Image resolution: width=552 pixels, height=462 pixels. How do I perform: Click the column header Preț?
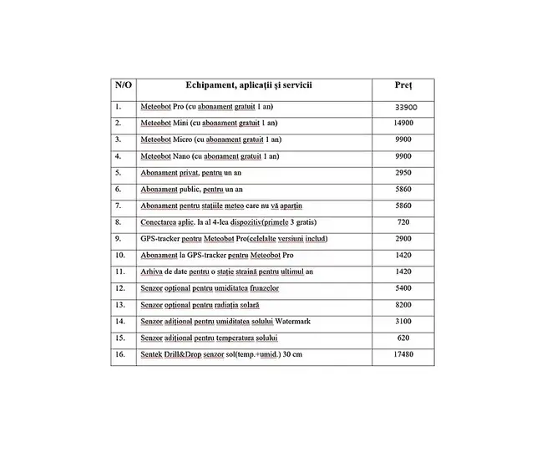point(403,86)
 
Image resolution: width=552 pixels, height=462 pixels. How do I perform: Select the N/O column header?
point(123,86)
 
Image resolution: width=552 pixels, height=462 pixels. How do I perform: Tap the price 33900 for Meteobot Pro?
point(403,107)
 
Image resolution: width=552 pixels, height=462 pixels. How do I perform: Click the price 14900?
point(403,123)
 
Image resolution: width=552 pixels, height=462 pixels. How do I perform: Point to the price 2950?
point(403,172)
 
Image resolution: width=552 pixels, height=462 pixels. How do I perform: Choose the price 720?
point(403,222)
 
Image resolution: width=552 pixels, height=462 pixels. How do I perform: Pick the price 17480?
point(403,354)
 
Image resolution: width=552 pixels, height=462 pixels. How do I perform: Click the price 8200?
point(403,305)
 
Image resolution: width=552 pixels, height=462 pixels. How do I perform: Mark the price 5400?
point(403,288)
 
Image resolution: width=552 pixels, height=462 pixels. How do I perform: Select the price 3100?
point(403,321)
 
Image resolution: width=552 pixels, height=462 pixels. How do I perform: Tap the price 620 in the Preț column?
point(403,338)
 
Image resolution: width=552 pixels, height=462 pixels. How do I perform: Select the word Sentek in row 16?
point(151,354)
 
